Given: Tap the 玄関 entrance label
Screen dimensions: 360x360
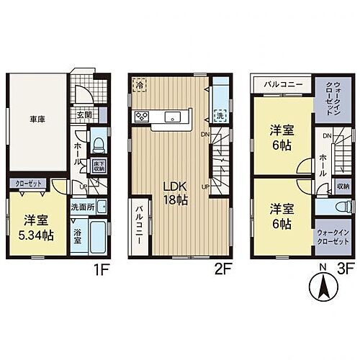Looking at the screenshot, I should click(83, 114).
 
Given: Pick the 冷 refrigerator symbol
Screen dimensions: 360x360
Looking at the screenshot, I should click(138, 86).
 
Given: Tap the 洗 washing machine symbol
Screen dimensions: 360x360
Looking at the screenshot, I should click(220, 114).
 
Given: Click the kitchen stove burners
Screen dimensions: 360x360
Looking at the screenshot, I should click(140, 118).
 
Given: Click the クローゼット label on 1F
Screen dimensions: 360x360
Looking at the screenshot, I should click(30, 184).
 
